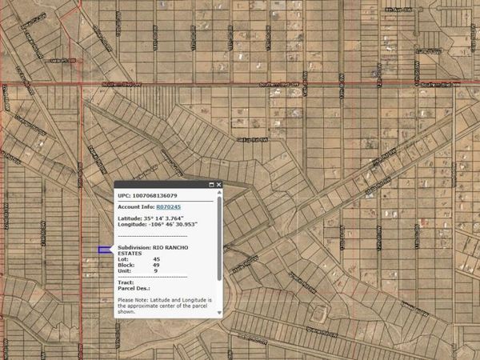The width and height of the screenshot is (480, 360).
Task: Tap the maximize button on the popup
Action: (x=212, y=185)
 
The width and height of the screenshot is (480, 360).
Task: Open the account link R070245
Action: (x=169, y=206)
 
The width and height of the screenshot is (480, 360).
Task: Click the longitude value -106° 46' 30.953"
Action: (x=171, y=225)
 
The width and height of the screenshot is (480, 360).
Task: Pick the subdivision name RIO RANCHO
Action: (x=185, y=248)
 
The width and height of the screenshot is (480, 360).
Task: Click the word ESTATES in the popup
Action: (x=130, y=254)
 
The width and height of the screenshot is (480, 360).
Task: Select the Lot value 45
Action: (x=156, y=259)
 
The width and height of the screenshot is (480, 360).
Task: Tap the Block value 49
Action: (x=156, y=265)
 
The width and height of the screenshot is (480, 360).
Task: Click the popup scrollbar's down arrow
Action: (x=220, y=313)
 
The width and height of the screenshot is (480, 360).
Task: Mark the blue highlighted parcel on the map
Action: (x=104, y=250)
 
